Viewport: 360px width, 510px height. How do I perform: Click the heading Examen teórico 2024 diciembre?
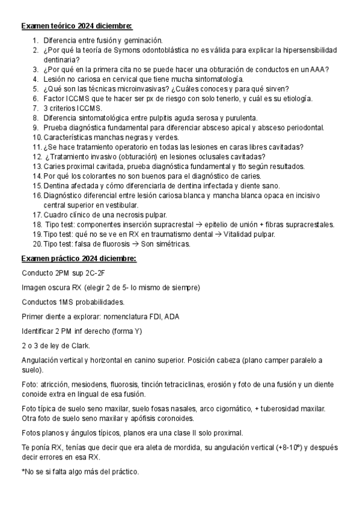(x=76, y=26)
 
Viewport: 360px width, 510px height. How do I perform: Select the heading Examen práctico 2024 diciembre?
(x=79, y=259)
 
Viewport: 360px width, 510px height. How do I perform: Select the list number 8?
(x=35, y=118)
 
